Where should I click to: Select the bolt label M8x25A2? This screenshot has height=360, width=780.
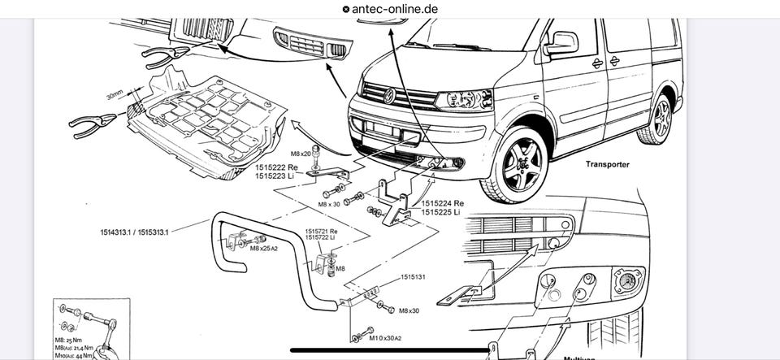coord(265,249)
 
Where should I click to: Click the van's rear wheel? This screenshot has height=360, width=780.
coord(660,119)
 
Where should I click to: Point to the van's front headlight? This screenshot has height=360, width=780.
coord(464,100)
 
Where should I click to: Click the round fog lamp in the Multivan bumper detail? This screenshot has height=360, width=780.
coord(628,280)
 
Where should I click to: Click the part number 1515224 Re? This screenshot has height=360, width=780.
coord(443,202)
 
